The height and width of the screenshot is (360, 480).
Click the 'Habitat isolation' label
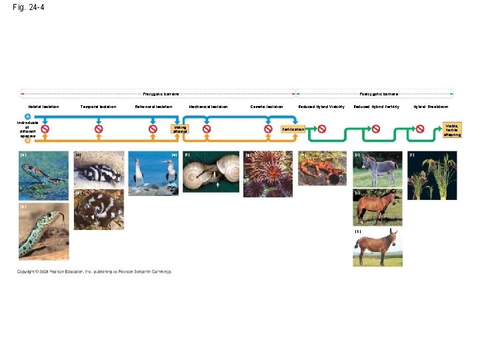point(43,107)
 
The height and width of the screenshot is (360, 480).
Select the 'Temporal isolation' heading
point(98,107)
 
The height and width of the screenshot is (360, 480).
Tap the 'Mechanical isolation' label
point(208,107)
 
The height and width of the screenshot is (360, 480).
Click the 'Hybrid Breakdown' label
point(431,107)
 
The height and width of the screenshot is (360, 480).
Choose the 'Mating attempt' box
point(179,129)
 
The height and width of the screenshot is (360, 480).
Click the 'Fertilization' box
point(293,129)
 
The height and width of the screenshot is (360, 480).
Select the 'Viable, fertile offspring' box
point(453,129)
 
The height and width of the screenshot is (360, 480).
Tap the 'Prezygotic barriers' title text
point(161,94)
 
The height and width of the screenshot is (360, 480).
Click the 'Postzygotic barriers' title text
point(379,94)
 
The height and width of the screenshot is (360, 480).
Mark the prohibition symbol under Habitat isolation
point(45,129)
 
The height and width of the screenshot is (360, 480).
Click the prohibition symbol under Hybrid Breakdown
point(420,129)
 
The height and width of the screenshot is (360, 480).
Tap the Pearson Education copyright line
point(94,271)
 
